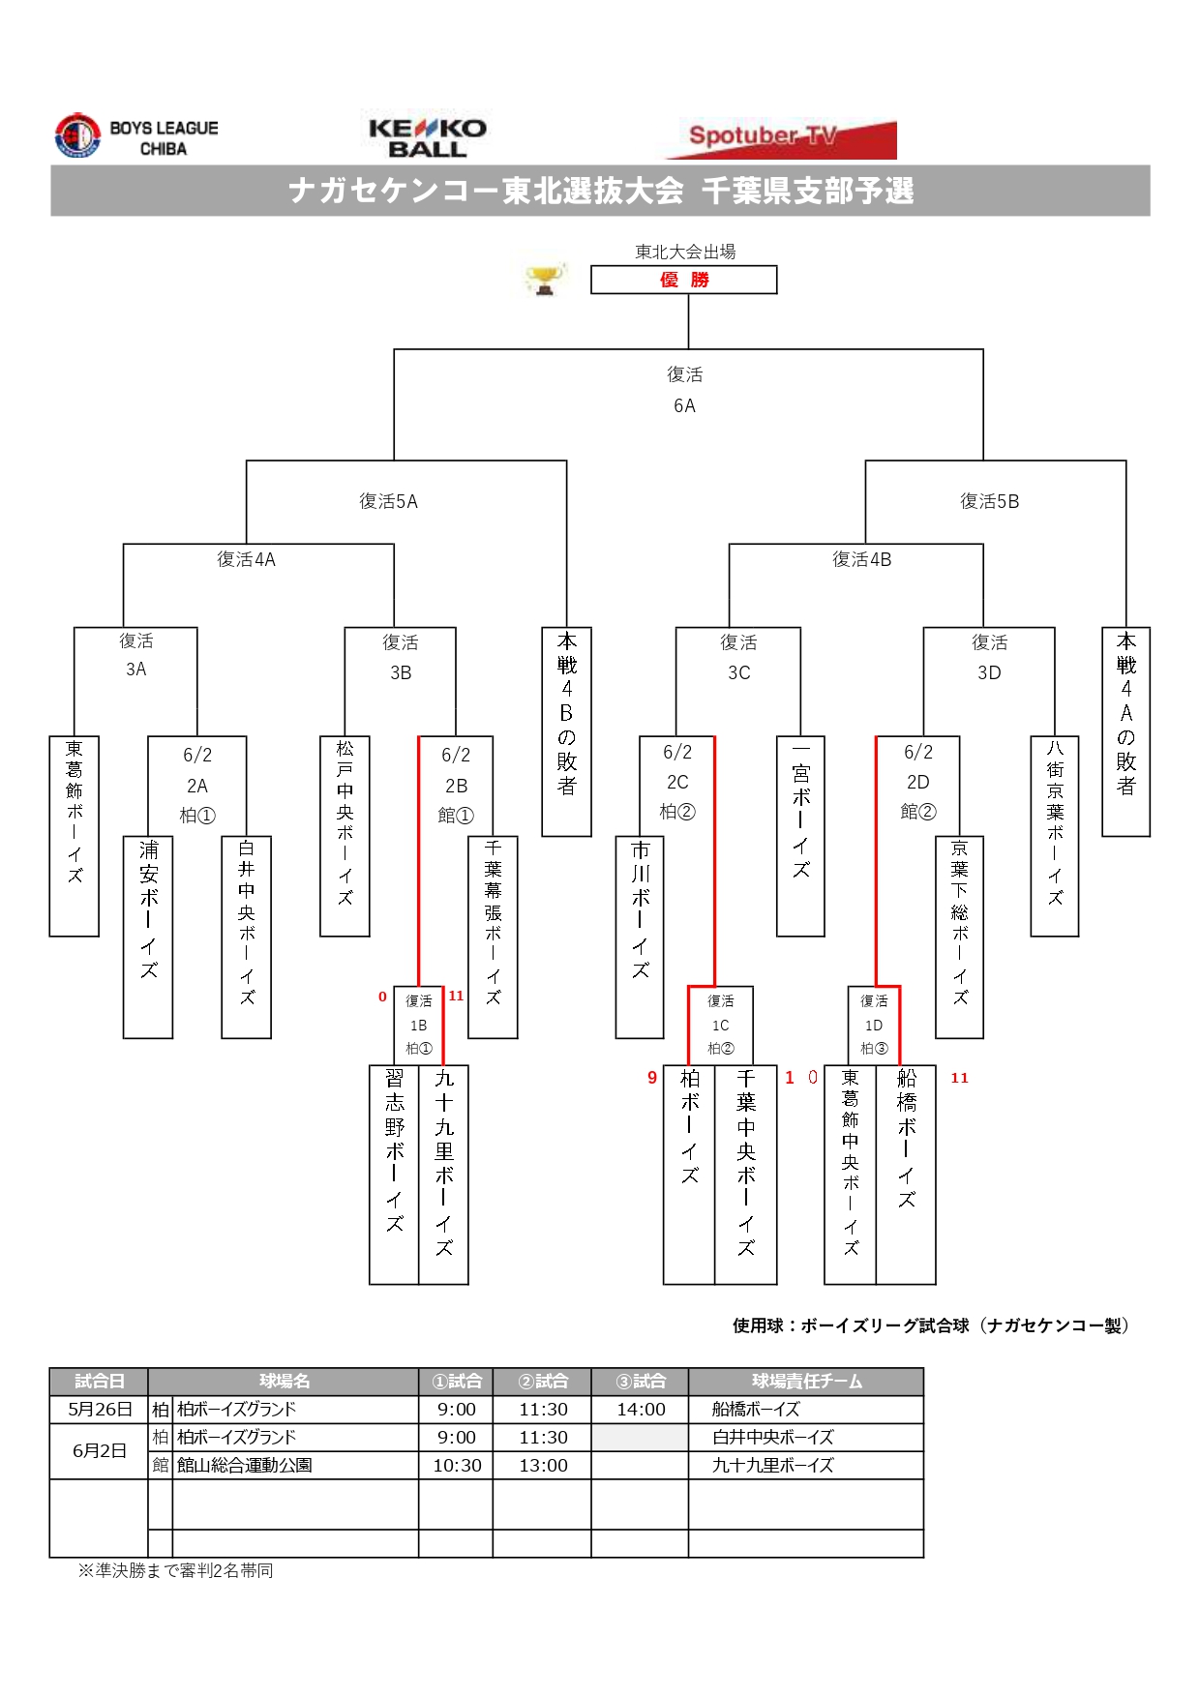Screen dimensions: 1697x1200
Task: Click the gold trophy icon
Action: [545, 279]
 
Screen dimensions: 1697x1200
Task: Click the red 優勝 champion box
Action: [684, 280]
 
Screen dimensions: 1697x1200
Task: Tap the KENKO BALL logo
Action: [427, 138]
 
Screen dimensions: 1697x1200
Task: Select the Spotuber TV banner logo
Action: [780, 138]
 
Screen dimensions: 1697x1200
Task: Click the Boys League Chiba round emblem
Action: [77, 136]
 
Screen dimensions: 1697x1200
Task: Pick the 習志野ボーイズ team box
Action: [394, 1174]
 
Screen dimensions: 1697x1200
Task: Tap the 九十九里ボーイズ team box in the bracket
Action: [444, 1174]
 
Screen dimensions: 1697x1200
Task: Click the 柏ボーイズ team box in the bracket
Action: [689, 1174]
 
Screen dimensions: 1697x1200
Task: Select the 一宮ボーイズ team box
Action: [800, 836]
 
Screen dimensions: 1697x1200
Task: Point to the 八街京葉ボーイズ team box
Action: [1055, 836]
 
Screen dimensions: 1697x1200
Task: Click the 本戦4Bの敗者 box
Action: [566, 731]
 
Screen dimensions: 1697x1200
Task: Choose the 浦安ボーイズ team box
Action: [148, 937]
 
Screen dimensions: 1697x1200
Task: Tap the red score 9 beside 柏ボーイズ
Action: [652, 1078]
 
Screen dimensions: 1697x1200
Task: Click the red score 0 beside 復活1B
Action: [382, 997]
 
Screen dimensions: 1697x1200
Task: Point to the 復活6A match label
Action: [684, 390]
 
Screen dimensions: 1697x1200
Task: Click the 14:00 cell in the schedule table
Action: [641, 1410]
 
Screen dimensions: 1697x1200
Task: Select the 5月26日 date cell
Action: [99, 1410]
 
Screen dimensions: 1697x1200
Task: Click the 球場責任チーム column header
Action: [806, 1382]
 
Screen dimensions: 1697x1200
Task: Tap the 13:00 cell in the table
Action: [543, 1466]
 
